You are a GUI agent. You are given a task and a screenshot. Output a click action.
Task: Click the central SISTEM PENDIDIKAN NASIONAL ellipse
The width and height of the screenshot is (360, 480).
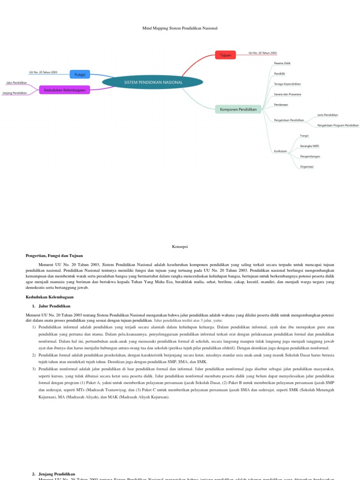point(153,82)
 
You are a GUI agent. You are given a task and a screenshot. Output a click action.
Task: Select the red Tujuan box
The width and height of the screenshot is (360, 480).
point(225,55)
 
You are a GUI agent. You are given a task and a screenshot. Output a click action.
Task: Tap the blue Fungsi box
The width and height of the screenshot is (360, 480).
point(79,74)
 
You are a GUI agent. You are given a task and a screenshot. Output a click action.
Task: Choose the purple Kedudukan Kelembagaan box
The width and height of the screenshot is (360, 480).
point(65,90)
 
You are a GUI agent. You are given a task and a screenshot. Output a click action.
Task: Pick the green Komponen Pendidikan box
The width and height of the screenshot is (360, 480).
point(239,109)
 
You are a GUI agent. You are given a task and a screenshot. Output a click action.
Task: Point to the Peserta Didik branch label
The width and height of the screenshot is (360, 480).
point(283,63)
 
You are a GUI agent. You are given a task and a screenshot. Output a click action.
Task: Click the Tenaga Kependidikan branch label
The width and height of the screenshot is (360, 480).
point(287,84)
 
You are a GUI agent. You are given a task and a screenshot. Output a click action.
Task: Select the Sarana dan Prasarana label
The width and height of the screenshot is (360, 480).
point(287,94)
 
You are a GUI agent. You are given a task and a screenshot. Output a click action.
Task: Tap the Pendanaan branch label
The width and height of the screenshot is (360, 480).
point(282,105)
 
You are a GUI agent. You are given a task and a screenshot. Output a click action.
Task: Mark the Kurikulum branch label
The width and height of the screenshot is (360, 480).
point(280,151)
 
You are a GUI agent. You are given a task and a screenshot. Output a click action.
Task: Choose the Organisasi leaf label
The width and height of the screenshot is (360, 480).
point(307,166)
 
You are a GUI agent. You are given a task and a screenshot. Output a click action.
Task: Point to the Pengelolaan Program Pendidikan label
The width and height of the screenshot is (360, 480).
point(338,126)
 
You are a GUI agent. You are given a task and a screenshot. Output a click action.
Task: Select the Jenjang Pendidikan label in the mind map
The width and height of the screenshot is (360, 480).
point(14,93)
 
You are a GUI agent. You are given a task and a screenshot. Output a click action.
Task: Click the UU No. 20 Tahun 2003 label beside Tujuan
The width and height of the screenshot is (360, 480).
point(262,53)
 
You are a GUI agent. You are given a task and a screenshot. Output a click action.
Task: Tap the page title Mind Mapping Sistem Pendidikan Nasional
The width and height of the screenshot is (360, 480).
point(180,29)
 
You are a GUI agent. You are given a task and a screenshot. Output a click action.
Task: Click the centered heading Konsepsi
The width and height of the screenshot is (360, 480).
point(180,246)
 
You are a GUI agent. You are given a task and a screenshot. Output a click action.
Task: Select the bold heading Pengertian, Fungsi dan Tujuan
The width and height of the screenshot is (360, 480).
point(54,255)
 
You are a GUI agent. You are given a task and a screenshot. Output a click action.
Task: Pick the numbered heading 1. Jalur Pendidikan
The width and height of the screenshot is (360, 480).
point(51,306)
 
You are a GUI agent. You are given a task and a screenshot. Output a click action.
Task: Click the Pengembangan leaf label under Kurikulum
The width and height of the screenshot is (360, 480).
point(310,156)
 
